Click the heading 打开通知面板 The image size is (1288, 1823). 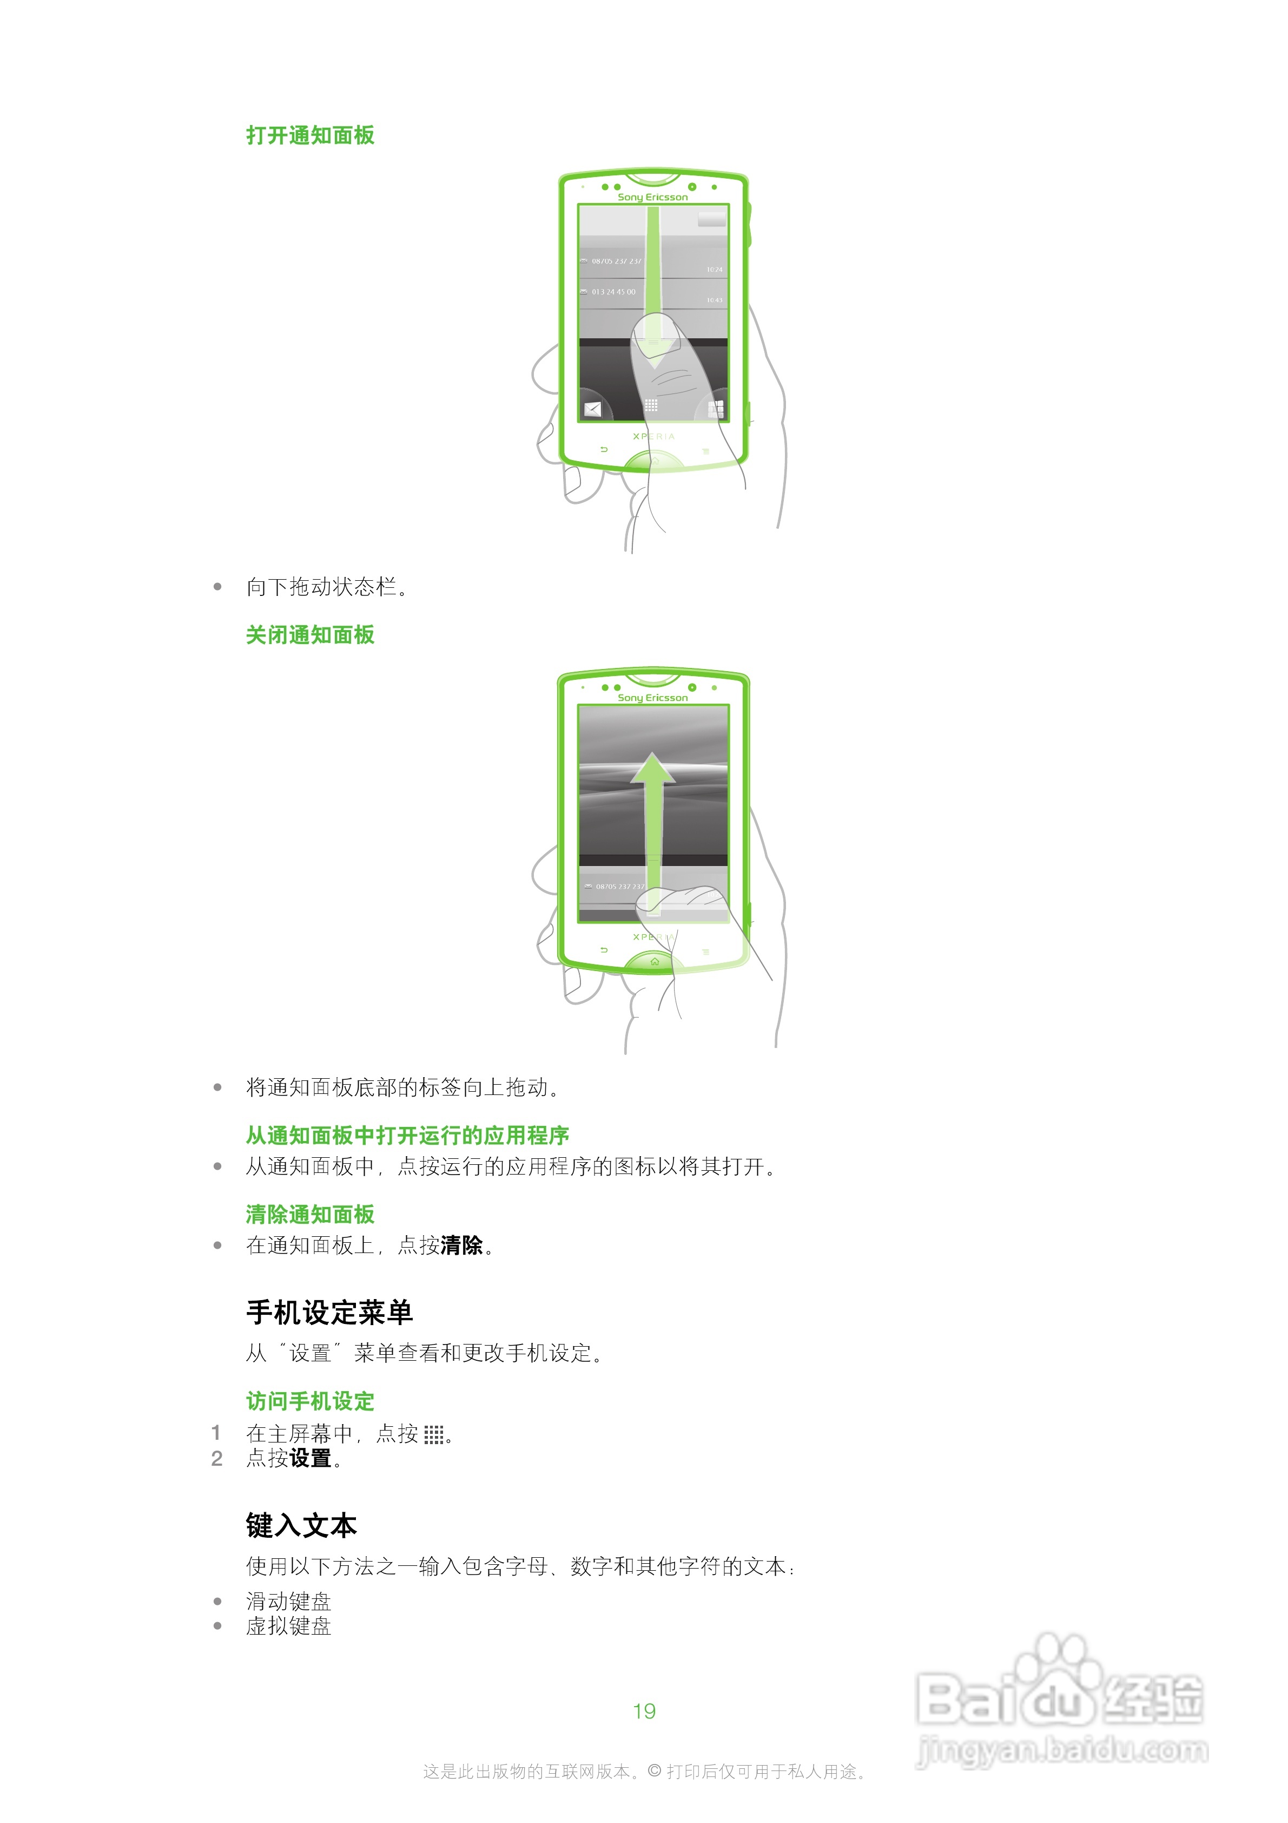(309, 136)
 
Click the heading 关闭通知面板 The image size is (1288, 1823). (309, 635)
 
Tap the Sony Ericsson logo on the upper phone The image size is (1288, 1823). (652, 197)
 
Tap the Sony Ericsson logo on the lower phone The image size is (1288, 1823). (652, 697)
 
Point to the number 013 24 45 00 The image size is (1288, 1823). (613, 292)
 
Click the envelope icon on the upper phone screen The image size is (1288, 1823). (592, 409)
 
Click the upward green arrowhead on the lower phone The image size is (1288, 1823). (652, 769)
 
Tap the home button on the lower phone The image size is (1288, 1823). (654, 961)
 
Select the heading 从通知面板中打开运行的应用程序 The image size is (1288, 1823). (407, 1136)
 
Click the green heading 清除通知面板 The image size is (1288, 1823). (309, 1214)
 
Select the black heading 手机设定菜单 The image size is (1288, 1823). (328, 1313)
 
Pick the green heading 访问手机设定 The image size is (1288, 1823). (309, 1401)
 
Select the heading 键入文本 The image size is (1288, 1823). (301, 1525)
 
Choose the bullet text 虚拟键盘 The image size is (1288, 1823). (288, 1626)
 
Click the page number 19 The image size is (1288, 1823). (644, 1711)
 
